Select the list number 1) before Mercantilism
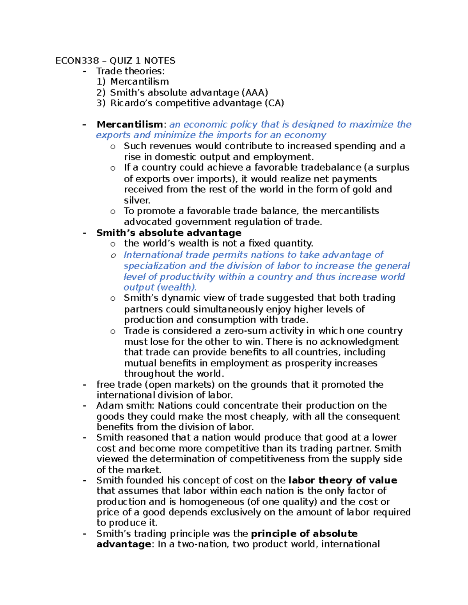(x=101, y=82)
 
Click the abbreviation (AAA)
(x=255, y=93)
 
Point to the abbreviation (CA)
(x=274, y=103)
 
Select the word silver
(x=137, y=201)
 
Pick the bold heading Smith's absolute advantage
(x=169, y=233)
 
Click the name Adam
(x=108, y=406)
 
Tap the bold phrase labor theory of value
(x=342, y=480)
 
